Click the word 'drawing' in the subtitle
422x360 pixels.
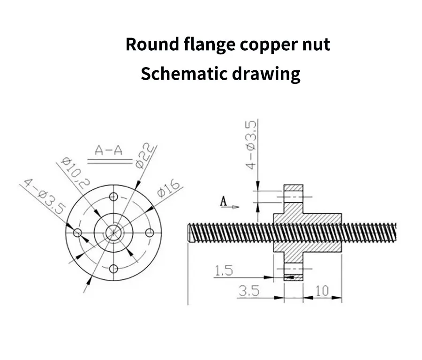tap(266, 74)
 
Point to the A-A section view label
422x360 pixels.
tap(108, 150)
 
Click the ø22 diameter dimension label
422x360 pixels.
tap(145, 156)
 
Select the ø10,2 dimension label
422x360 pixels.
tap(75, 172)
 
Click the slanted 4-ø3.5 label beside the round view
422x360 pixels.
tap(45, 196)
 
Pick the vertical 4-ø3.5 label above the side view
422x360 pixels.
tap(250, 145)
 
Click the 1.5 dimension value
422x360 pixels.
tap(224, 270)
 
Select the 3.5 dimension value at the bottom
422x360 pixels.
tap(249, 291)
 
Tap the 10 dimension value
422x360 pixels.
tap(322, 291)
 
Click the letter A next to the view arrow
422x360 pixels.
tap(223, 201)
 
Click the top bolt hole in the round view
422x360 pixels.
tap(114, 197)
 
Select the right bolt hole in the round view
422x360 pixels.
tap(150, 233)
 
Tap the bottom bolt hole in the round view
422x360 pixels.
tap(114, 269)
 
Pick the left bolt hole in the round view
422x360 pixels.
tap(78, 232)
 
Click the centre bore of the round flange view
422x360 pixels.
tap(114, 233)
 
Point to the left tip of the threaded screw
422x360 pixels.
tap(188, 232)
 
